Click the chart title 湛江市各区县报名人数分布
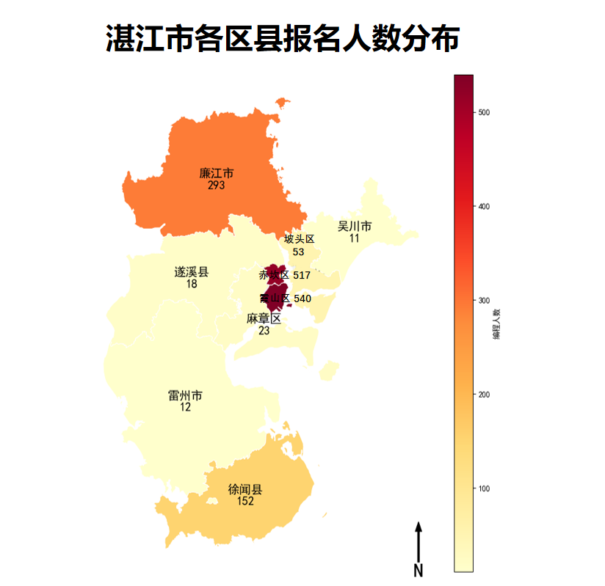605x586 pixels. click(x=283, y=39)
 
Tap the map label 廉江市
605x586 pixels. click(x=216, y=174)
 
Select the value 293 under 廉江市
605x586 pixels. click(x=216, y=186)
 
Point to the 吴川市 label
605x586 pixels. click(x=355, y=227)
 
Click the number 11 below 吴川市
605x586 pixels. click(x=355, y=238)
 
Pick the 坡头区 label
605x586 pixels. click(x=299, y=239)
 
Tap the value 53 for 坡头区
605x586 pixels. click(x=298, y=252)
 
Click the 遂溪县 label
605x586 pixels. click(x=192, y=272)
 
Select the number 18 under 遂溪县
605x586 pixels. click(x=192, y=284)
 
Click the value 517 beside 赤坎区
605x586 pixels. click(x=302, y=275)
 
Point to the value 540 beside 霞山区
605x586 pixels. click(x=302, y=299)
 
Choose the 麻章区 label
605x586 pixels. click(x=264, y=318)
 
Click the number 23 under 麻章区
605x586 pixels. click(x=264, y=331)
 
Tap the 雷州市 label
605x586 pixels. click(x=185, y=395)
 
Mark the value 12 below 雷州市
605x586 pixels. click(x=185, y=407)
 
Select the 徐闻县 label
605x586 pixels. click(x=245, y=489)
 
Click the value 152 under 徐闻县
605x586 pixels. click(x=245, y=501)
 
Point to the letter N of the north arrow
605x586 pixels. click(x=418, y=570)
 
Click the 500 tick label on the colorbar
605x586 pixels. click(x=485, y=112)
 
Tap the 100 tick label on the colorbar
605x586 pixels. click(x=485, y=489)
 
